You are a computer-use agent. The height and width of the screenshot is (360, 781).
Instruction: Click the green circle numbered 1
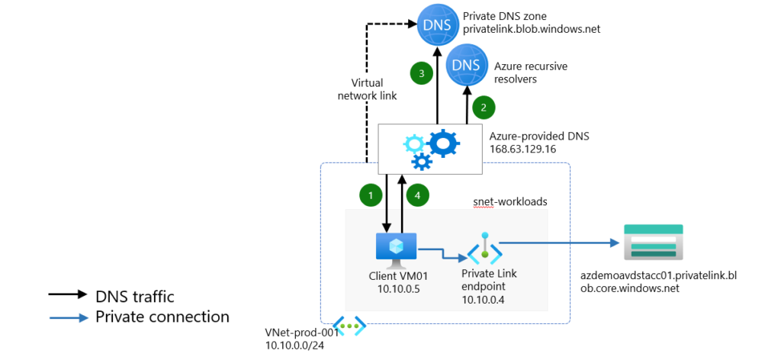[x=370, y=195]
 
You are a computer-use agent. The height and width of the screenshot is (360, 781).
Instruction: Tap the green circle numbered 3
[x=419, y=73]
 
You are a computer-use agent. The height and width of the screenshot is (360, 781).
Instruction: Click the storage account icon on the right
[x=652, y=244]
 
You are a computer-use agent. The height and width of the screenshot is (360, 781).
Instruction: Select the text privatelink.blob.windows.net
[x=532, y=29]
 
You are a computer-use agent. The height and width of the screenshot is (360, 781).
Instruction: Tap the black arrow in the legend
[x=67, y=296]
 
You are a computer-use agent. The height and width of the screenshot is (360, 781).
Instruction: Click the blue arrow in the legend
[x=67, y=317]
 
